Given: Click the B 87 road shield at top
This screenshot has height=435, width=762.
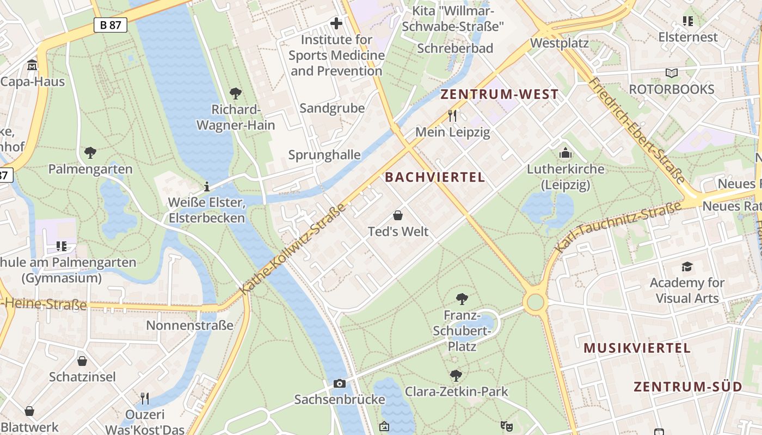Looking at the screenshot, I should tap(110, 24).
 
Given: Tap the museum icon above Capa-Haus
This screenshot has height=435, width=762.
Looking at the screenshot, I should tap(33, 66).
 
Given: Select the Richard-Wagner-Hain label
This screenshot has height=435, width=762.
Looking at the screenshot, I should tap(236, 117).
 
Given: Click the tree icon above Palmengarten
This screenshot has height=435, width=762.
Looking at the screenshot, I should tap(90, 153).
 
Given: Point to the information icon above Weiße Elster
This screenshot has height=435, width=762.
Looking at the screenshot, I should tap(206, 187).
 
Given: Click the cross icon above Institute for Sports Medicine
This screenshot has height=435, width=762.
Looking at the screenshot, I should tap(336, 23).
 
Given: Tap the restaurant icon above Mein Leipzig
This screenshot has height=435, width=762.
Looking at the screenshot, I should tap(452, 115).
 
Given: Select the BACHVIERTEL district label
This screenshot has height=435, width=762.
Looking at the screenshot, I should tap(435, 177).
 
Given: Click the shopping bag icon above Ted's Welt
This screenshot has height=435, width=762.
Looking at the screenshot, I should tap(398, 215).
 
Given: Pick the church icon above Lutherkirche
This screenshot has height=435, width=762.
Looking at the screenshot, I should tap(566, 153).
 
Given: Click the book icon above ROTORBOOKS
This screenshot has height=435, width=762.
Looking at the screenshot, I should tap(672, 73).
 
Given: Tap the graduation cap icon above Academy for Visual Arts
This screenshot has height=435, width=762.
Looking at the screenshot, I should tap(687, 266).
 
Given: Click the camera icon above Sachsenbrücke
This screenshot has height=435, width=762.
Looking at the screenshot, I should tap(340, 384).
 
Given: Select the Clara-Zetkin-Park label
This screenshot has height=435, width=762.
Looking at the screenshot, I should tap(456, 391).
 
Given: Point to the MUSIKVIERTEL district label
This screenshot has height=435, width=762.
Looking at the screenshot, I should tap(637, 348).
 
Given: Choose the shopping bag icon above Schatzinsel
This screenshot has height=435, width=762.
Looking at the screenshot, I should tap(82, 361).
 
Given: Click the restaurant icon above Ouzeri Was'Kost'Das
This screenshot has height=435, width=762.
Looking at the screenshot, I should tap(145, 399).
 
